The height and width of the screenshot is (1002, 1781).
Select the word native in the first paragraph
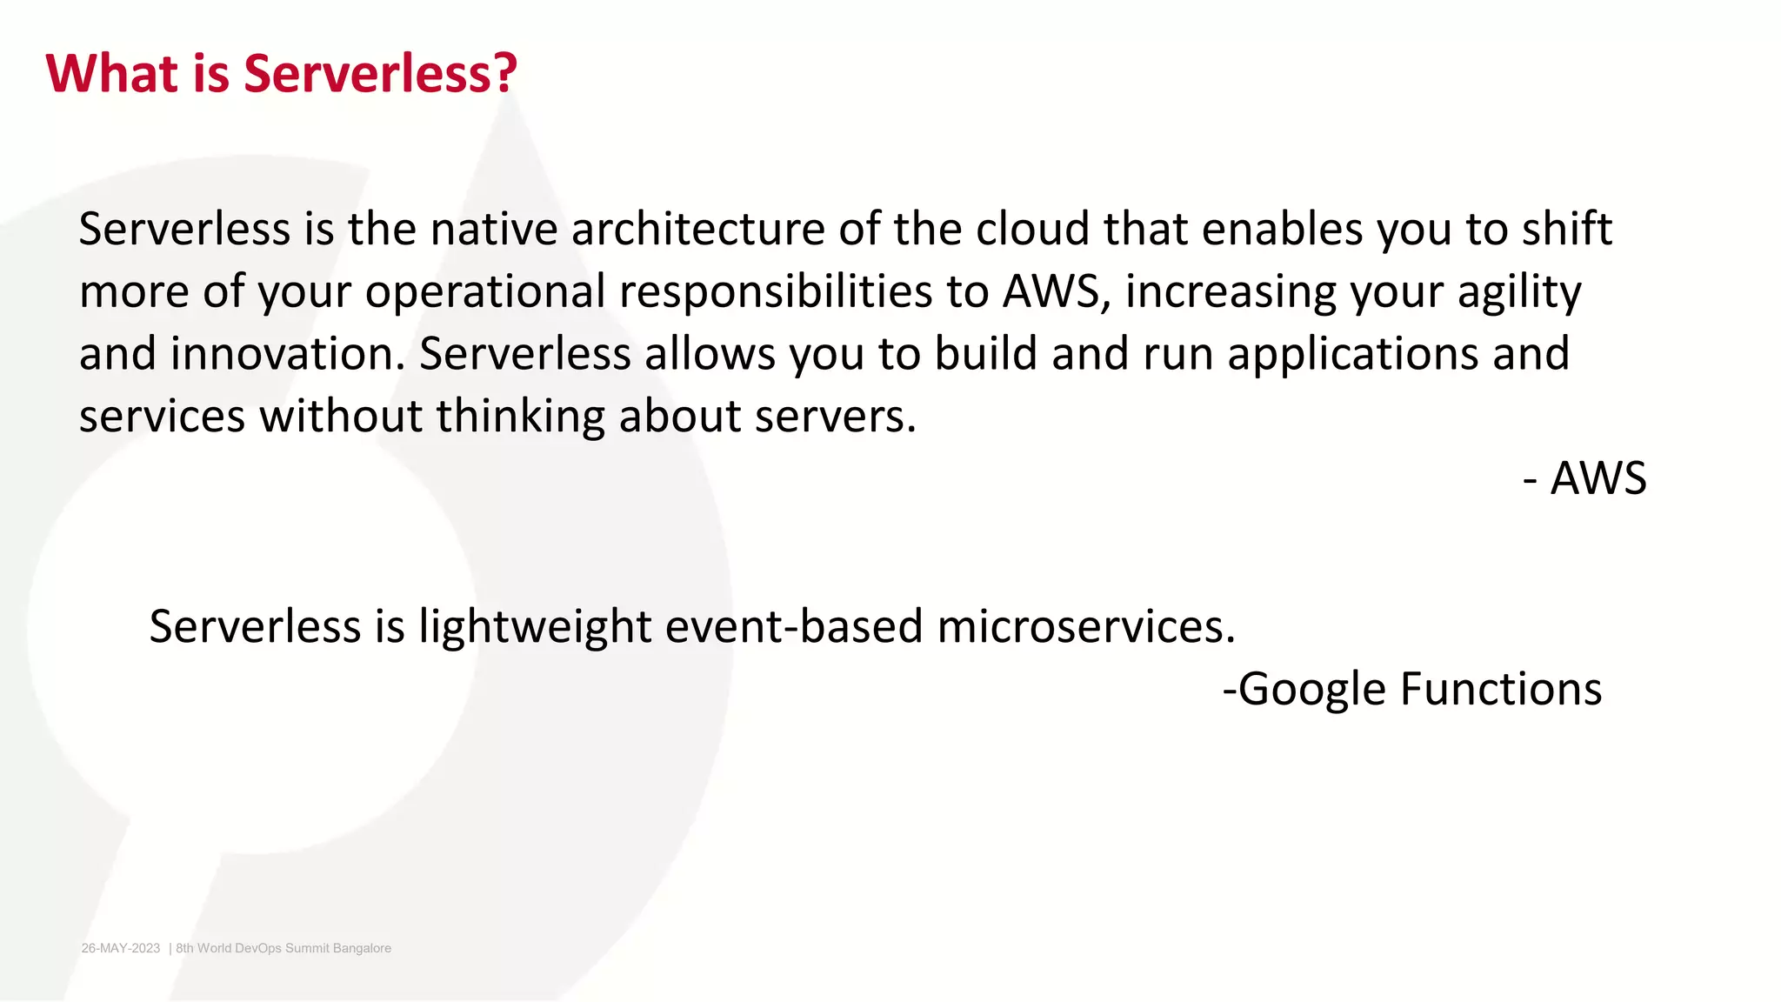[493, 230]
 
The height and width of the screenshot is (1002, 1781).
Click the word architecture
[697, 230]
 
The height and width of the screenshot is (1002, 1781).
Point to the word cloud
[1032, 230]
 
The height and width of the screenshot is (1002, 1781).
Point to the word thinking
[520, 417]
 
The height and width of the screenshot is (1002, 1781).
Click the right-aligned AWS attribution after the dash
[1598, 479]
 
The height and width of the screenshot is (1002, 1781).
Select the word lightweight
[534, 627]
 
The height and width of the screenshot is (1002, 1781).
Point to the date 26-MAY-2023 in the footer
[121, 948]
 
